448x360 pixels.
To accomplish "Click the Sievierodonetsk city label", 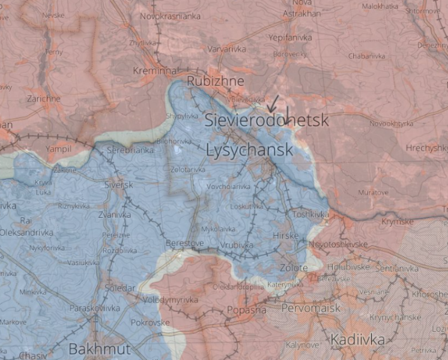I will coord(267,121).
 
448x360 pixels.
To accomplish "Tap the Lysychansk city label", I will coord(249,150).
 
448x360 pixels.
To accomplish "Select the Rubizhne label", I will coord(216,81).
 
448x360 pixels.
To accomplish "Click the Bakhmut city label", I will coord(91,349).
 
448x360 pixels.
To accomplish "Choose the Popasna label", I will coord(246,310).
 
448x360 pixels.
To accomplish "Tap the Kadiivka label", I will coord(357,340).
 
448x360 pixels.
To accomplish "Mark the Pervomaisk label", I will coord(311,308).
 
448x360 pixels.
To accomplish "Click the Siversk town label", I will coord(119,185).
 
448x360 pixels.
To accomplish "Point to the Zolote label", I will coord(294,268).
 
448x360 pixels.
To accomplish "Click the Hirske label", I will coord(285,236).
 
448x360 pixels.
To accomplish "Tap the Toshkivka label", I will coord(310,214).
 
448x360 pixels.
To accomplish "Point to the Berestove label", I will coord(185,243).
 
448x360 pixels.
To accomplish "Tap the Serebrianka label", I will coord(130,150).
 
